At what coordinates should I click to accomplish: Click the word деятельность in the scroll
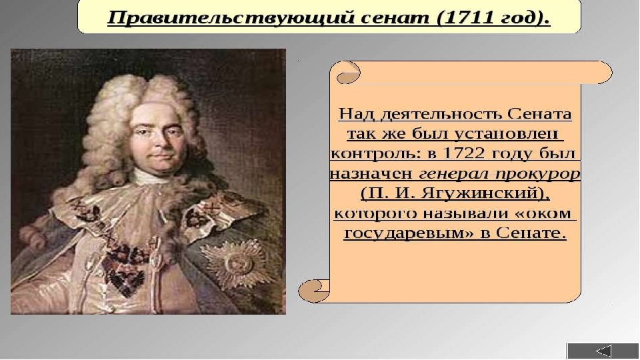pos(441,114)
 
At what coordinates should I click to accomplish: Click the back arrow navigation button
pos(603,351)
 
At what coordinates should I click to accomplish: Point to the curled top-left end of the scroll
pos(348,73)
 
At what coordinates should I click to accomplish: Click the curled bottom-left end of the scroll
pos(313,291)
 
